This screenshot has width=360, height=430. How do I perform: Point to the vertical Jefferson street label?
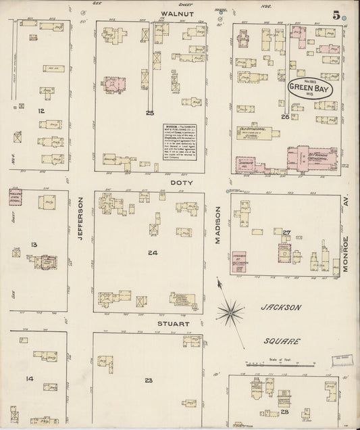pyautogui.click(x=80, y=214)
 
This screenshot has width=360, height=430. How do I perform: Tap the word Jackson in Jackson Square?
pyautogui.click(x=280, y=307)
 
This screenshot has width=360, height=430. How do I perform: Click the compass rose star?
pyautogui.click(x=231, y=312)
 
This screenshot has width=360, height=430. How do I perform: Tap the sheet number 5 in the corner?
pyautogui.click(x=335, y=15)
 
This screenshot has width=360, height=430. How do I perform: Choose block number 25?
pyautogui.click(x=149, y=112)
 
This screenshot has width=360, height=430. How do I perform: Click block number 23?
pyautogui.click(x=148, y=380)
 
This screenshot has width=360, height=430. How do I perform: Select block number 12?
pyautogui.click(x=41, y=110)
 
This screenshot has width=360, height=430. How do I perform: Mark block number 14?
pyautogui.click(x=30, y=379)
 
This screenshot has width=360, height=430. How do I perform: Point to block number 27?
pyautogui.click(x=286, y=233)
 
